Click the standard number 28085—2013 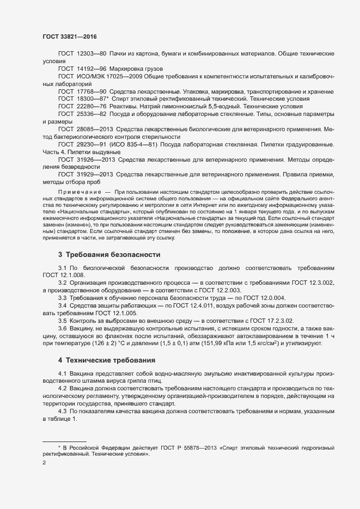(96, 129)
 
